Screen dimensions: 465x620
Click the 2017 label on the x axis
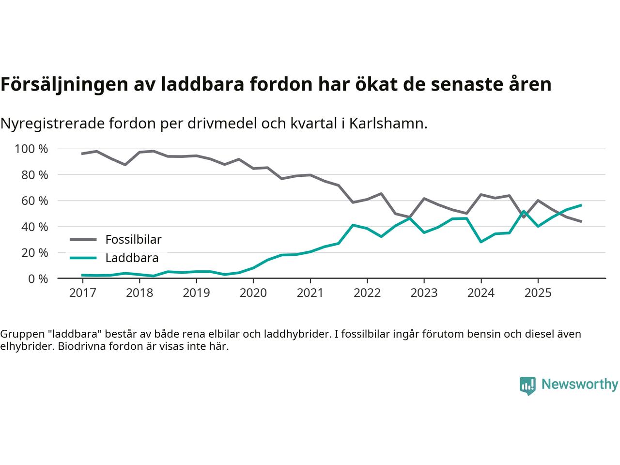(x=82, y=293)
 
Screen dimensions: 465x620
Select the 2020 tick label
(x=253, y=293)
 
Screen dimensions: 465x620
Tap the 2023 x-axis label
(x=424, y=293)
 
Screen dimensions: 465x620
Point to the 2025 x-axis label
(x=538, y=293)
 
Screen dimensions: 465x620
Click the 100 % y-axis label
(x=31, y=149)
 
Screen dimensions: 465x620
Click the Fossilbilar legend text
(x=133, y=239)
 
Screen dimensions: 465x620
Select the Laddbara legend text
(x=132, y=258)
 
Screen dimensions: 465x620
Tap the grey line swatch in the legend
(x=83, y=239)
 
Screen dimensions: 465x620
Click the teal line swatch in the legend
(x=83, y=258)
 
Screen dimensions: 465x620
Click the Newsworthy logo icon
(x=527, y=386)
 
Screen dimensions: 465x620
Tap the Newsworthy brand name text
(x=579, y=385)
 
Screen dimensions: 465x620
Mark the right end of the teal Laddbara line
(x=581, y=205)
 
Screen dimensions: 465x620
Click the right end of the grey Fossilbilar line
(x=581, y=221)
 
